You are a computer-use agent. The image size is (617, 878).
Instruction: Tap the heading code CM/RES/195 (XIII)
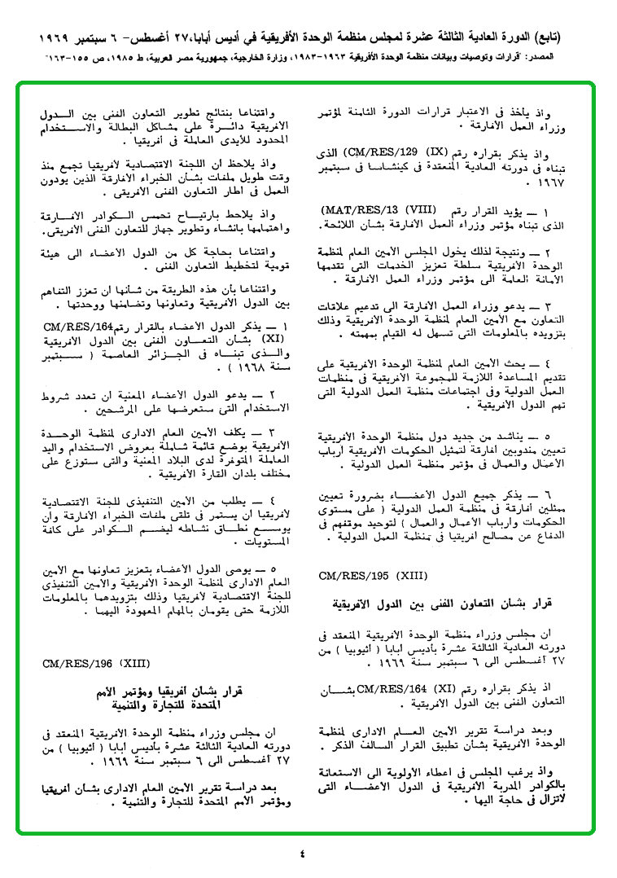373,576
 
